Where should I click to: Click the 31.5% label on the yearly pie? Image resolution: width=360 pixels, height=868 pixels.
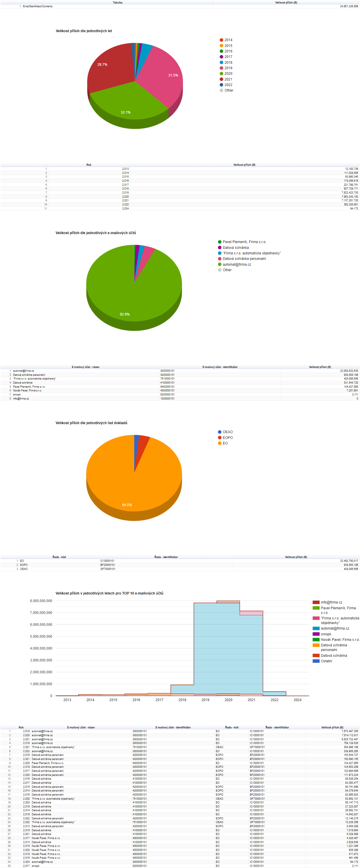173,75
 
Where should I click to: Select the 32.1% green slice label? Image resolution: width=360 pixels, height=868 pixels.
126,112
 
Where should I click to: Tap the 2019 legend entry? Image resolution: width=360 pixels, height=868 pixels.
228,68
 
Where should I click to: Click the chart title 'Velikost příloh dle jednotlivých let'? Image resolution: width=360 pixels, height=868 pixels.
83,31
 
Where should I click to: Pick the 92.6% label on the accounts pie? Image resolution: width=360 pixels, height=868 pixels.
124,314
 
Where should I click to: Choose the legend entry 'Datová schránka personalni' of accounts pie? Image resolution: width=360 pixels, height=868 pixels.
244,259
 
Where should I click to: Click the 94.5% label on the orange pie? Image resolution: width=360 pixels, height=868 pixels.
127,505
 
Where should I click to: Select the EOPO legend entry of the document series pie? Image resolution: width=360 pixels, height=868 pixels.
228,438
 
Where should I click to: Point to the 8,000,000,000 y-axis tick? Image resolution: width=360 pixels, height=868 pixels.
41,601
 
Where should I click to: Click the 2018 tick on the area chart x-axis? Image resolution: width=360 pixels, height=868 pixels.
182,700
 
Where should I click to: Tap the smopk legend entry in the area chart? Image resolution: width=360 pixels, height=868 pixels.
326,634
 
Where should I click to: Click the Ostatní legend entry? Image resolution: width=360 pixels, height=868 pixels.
326,661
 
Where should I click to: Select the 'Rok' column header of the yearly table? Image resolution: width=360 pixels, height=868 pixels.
89,165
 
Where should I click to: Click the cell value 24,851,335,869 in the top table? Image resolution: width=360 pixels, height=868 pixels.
349,6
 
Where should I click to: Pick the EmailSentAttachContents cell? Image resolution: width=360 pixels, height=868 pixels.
38,6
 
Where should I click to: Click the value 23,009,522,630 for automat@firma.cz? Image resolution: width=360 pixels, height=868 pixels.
349,371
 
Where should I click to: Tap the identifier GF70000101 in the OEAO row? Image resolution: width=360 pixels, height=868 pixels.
108,569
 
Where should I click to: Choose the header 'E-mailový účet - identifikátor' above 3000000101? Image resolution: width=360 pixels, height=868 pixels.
220,367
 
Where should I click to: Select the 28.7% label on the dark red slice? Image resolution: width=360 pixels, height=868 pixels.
102,64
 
